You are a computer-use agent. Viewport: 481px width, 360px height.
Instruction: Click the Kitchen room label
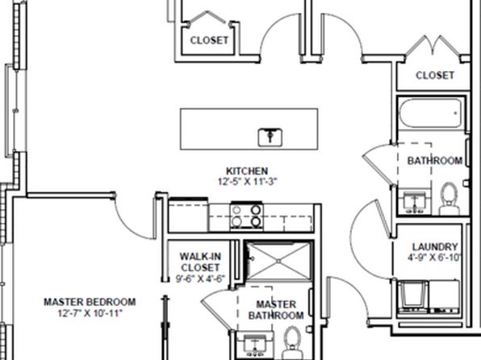coord(247,171)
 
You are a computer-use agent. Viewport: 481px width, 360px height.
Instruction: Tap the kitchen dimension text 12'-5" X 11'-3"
coord(247,182)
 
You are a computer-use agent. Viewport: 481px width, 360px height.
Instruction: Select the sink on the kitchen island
coord(270,137)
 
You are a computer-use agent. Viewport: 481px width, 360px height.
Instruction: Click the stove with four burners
coord(247,216)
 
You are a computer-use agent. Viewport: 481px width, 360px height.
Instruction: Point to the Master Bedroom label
coord(90,302)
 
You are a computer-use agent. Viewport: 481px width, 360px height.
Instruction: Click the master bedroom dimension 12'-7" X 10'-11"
coord(90,313)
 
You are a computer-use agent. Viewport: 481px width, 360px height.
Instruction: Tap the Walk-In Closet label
coord(200,262)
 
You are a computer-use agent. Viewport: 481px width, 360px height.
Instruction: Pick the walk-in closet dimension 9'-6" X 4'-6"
coord(200,278)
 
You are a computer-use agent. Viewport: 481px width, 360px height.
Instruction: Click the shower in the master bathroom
coord(278,262)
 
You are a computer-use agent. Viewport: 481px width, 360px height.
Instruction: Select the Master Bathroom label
coord(276,310)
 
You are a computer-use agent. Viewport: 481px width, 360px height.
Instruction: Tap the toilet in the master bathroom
coord(291,343)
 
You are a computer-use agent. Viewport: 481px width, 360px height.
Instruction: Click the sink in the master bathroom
coord(254,345)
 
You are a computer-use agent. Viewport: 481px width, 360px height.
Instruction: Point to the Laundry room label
coord(435,247)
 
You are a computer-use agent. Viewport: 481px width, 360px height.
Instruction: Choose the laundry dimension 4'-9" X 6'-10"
coord(434,257)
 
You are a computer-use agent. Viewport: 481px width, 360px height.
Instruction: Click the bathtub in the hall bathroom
coord(431,113)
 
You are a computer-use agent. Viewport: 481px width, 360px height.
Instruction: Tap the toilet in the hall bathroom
coord(450,199)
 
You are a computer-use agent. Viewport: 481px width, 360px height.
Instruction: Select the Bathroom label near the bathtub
coord(435,161)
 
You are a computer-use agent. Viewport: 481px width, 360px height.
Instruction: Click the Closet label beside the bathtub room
coord(435,75)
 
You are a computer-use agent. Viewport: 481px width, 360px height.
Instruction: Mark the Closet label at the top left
coord(209,40)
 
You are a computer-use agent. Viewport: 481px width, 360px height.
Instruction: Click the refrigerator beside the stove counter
coord(188,216)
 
